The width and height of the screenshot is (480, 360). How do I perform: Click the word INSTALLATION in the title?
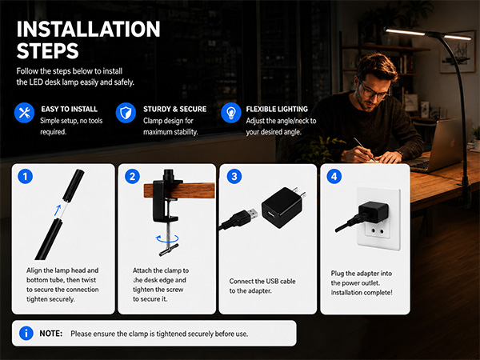point(88,30)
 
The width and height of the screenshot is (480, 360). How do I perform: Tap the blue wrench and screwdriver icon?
point(24,113)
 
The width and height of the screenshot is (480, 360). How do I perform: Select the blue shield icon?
point(126,113)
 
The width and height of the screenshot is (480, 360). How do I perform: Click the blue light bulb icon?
point(231,113)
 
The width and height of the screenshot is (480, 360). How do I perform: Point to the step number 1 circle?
point(25,176)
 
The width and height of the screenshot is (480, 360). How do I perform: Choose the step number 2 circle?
point(132,176)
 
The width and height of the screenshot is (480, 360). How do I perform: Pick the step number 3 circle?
point(234,176)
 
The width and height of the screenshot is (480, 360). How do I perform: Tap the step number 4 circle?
point(334,176)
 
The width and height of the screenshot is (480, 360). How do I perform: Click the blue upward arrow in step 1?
point(58,210)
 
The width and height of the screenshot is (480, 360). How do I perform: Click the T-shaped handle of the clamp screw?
point(169,250)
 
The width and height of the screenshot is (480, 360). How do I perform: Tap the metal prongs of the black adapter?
point(299,193)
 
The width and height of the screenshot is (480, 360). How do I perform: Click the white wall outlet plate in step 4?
point(378,218)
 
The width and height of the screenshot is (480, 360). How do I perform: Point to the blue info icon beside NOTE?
point(26,333)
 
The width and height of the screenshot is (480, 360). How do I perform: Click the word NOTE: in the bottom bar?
point(51,334)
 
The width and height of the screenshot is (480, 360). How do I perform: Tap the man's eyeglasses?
point(373,90)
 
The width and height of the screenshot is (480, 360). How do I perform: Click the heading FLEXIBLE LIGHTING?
point(277,110)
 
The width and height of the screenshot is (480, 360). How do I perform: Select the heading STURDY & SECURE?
point(174,110)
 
